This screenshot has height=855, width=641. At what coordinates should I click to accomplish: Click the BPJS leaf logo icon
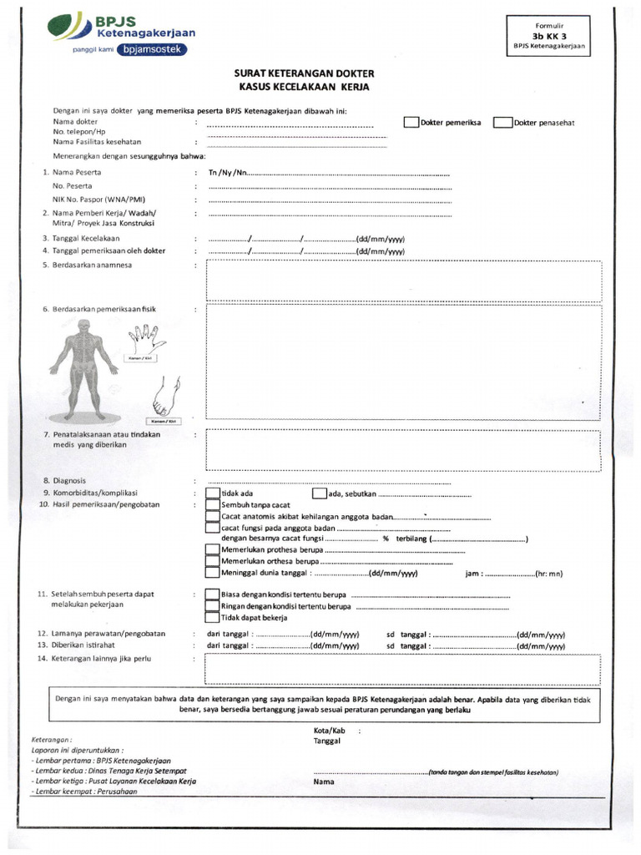(x=66, y=26)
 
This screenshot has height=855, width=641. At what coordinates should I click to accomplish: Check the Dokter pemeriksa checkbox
(x=411, y=123)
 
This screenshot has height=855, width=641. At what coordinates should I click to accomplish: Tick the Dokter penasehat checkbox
(x=502, y=123)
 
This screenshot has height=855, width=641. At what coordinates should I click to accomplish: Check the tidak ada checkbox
(x=213, y=493)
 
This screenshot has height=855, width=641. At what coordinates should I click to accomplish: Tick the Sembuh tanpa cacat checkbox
(x=213, y=505)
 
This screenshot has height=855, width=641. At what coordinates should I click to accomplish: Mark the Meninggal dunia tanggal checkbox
(x=213, y=573)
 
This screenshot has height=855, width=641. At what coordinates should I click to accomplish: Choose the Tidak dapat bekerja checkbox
(x=213, y=618)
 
